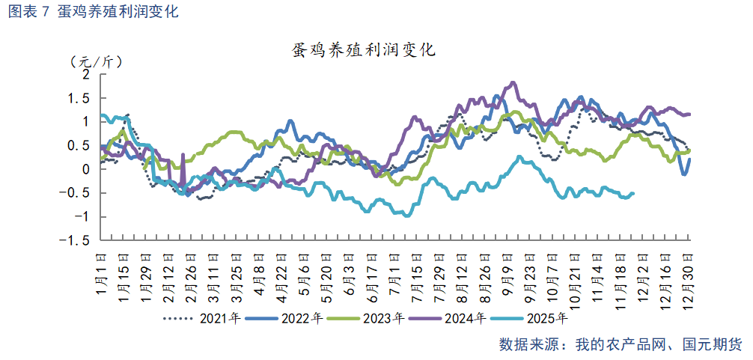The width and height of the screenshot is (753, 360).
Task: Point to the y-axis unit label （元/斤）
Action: tap(95, 61)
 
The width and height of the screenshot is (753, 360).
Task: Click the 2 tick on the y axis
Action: tap(85, 75)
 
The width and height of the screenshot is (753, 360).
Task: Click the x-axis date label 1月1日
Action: tap(103, 272)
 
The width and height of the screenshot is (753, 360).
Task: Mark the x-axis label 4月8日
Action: tap(259, 272)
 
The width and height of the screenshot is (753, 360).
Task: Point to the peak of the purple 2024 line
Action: tap(513, 82)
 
